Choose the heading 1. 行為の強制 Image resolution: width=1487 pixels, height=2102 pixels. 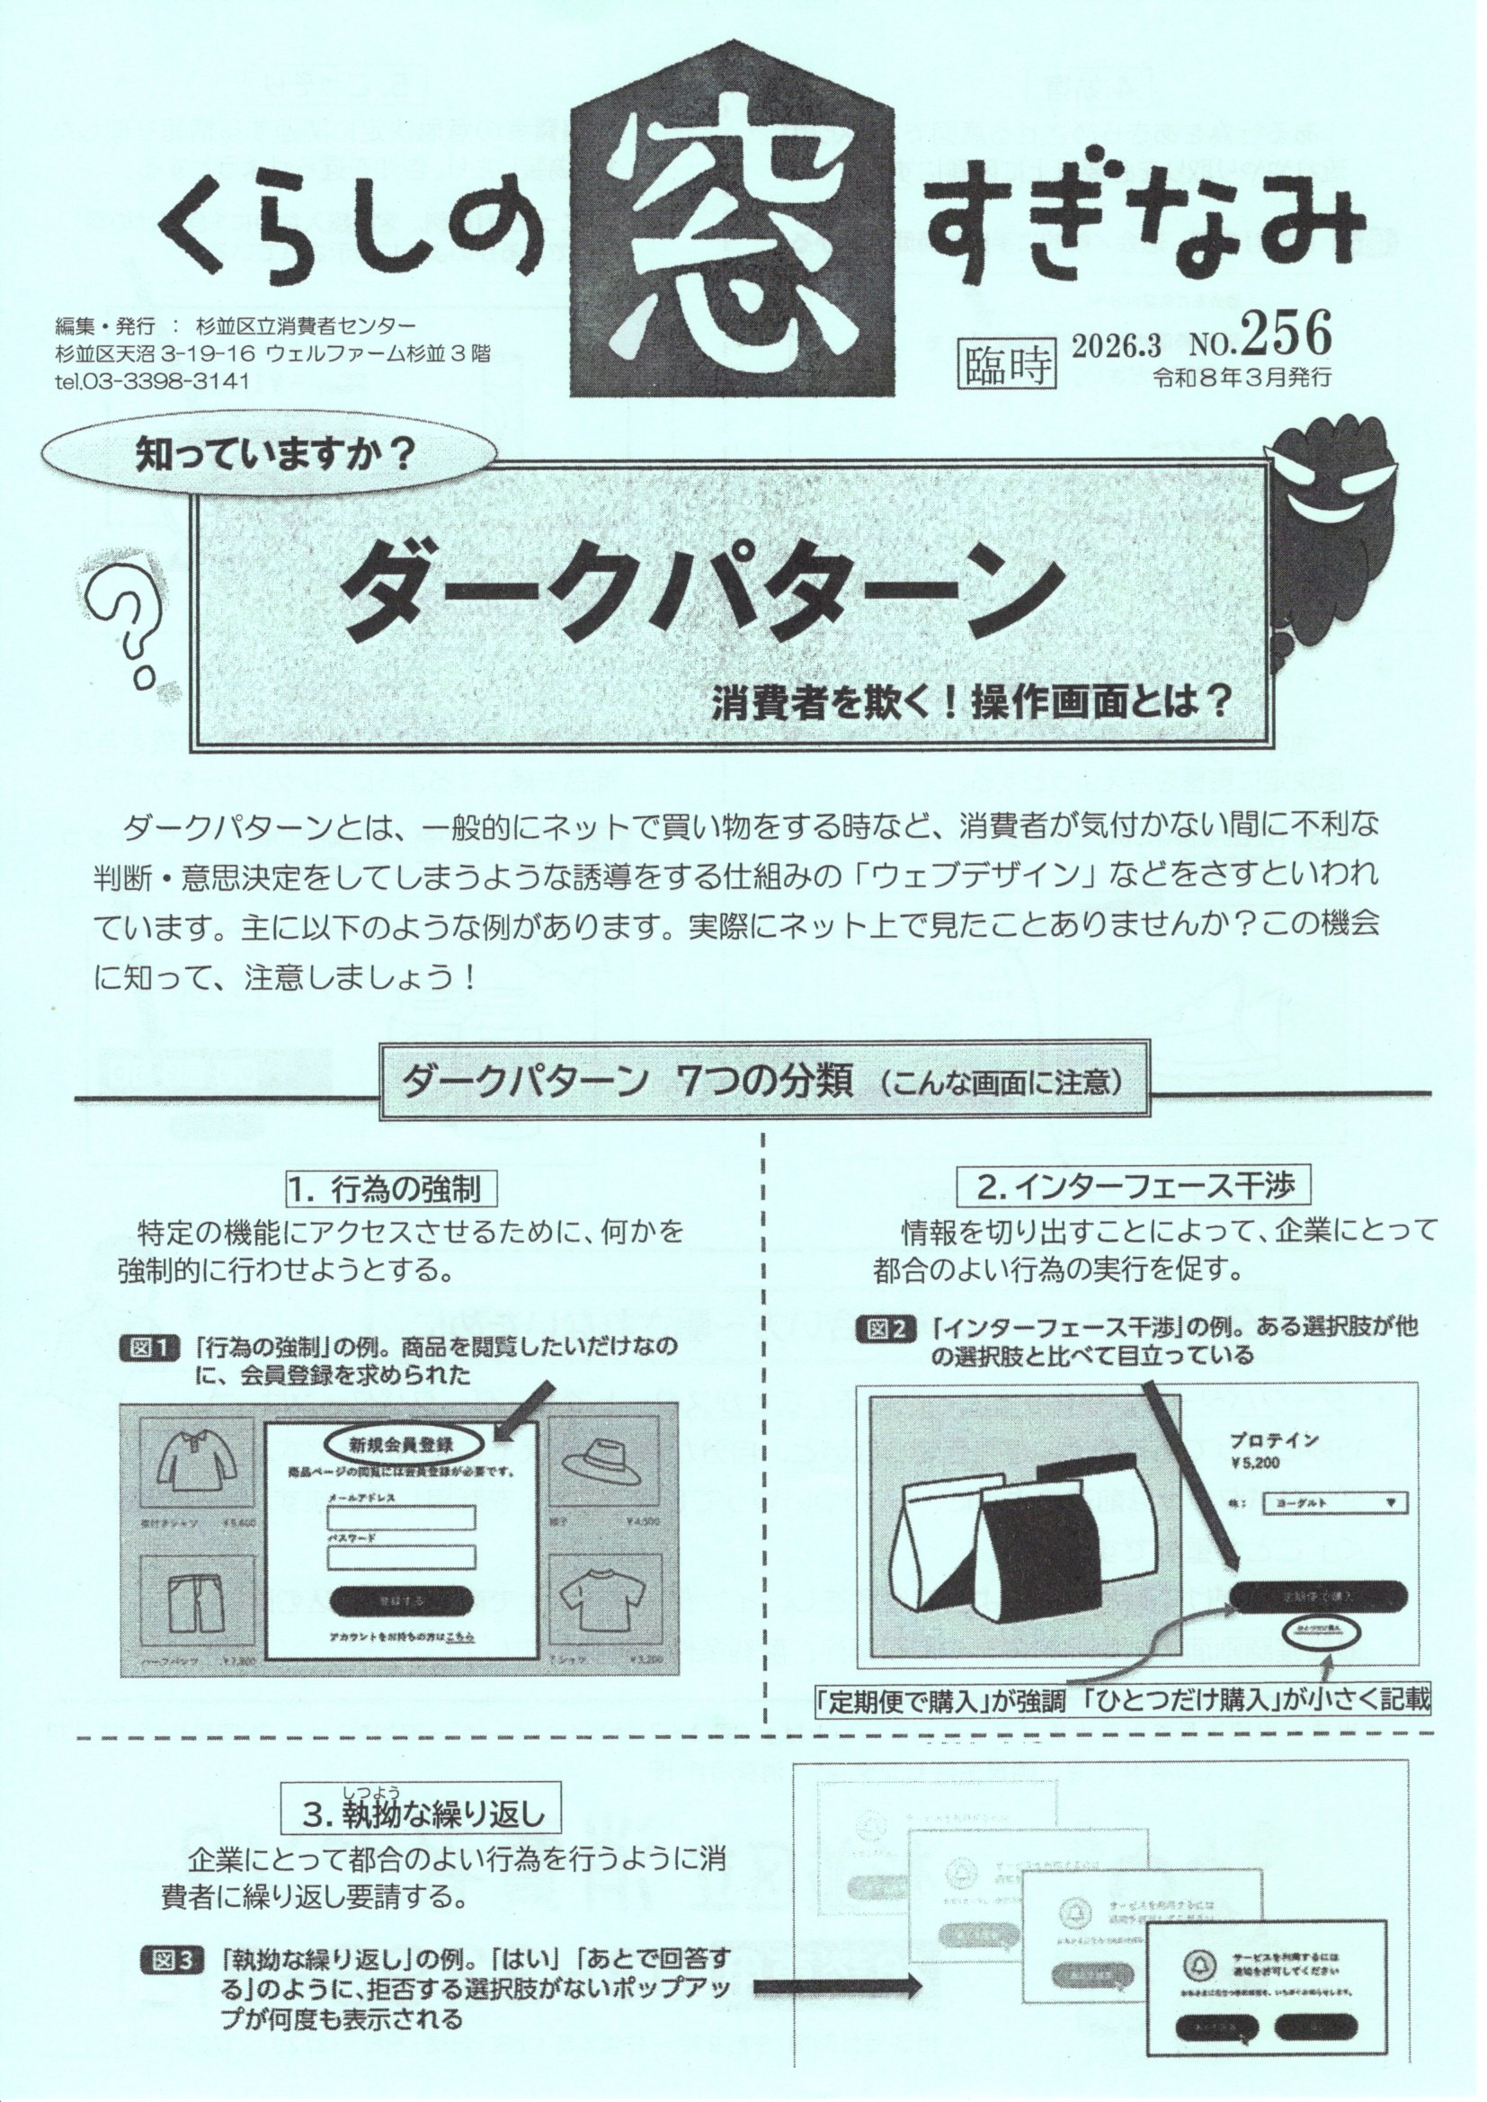coord(396,1189)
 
